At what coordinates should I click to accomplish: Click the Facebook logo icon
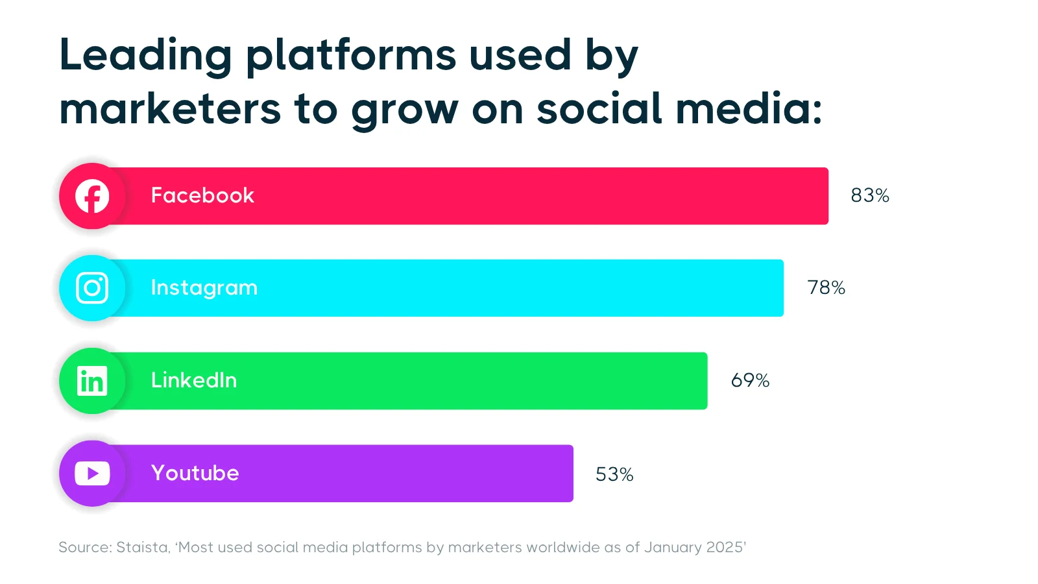[x=92, y=196]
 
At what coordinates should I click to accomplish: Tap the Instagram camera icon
[x=92, y=288]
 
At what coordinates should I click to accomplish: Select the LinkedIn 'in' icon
[x=92, y=381]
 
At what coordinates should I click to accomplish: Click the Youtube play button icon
[x=92, y=474]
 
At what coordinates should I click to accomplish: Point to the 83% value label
[x=869, y=195]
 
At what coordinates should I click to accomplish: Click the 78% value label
[x=826, y=287]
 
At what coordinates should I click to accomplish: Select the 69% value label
[x=750, y=380]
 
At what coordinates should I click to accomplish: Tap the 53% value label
[x=614, y=474]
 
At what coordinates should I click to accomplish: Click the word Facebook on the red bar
[x=202, y=195]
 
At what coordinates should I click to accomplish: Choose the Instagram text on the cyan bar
[x=204, y=288]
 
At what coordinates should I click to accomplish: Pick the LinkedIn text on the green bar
[x=194, y=380]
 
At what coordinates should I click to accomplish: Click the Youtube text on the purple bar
[x=195, y=473]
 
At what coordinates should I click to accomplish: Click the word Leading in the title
[x=145, y=55]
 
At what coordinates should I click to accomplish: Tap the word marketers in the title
[x=170, y=109]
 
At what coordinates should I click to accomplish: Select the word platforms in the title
[x=350, y=55]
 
